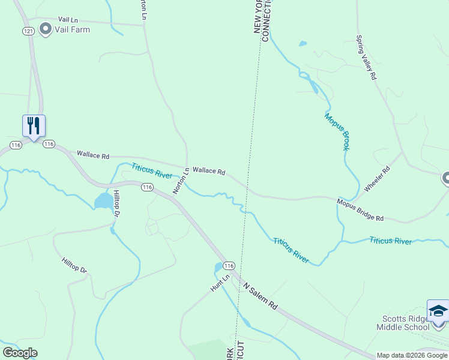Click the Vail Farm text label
[x=73, y=29]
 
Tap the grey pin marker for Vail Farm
[x=45, y=28]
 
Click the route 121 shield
[x=28, y=31]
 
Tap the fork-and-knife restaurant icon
[x=34, y=126]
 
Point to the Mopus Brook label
[x=337, y=131]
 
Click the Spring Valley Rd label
[x=366, y=58]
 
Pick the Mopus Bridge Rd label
[x=360, y=211]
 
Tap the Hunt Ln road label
[x=220, y=284]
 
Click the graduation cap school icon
[x=438, y=311]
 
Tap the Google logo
[x=20, y=352]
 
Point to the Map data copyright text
[x=412, y=355]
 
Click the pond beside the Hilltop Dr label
[x=103, y=200]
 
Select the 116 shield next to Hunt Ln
[x=228, y=265]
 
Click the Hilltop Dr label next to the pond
[x=117, y=206]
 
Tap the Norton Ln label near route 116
[x=181, y=181]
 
